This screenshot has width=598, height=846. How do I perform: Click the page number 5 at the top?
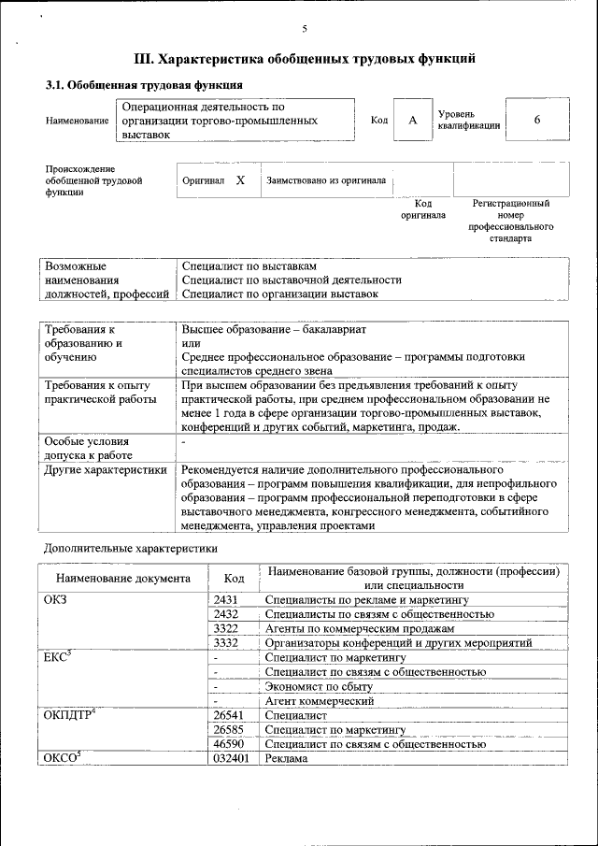[305, 30]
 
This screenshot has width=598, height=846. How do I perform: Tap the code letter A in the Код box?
[412, 121]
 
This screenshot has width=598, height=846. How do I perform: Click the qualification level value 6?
[537, 121]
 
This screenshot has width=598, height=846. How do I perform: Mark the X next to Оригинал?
[240, 179]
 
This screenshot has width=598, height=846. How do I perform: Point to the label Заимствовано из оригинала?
[326, 180]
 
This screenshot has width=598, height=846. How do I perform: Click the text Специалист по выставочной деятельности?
[292, 280]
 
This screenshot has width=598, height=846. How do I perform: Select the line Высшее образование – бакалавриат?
[275, 330]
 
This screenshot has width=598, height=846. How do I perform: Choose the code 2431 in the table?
[227, 599]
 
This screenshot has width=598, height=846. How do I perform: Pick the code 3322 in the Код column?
[227, 629]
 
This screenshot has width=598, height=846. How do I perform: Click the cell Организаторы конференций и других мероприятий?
[398, 643]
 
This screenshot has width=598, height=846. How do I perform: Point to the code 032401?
[232, 759]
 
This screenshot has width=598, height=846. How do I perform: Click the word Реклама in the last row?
[286, 759]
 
